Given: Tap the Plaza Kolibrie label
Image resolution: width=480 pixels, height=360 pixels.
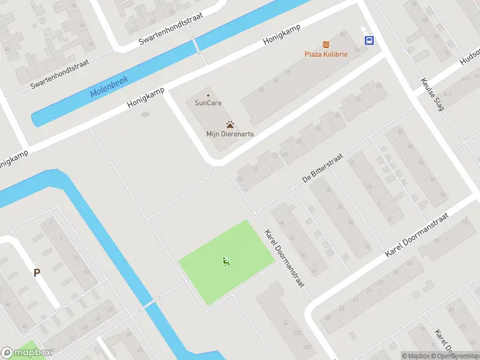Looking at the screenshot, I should [326, 54].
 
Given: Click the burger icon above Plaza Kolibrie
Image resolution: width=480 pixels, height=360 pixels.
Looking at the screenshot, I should [326, 44].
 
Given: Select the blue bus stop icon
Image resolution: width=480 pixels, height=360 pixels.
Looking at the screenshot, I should [368, 41].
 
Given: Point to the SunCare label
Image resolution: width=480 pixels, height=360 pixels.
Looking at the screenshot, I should [208, 103].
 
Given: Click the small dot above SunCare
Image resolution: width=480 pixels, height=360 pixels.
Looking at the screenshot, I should [208, 95].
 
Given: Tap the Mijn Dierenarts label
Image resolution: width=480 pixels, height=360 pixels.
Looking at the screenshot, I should [230, 134].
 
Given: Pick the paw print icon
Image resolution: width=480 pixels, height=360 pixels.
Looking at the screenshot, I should [230, 125].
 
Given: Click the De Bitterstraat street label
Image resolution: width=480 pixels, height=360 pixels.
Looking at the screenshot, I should [322, 168].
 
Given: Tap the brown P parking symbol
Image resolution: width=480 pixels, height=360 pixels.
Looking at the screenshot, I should [37, 272].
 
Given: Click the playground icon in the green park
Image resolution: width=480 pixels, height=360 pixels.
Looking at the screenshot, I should [226, 261].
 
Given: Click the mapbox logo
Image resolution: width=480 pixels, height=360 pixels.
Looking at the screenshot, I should [26, 353].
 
